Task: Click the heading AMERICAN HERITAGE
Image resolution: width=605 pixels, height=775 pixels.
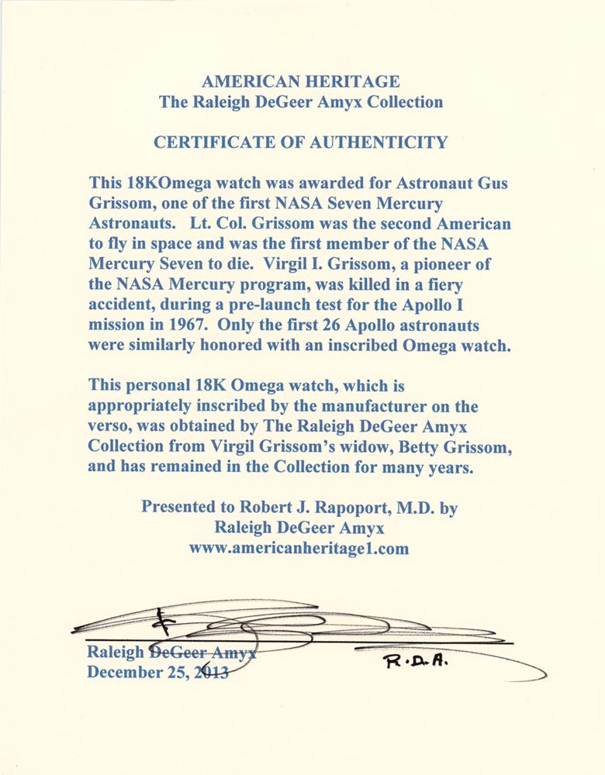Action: pos(301,81)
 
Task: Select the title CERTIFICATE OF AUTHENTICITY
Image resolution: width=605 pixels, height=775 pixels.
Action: pos(301,142)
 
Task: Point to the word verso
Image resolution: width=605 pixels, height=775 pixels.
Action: pos(111,427)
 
